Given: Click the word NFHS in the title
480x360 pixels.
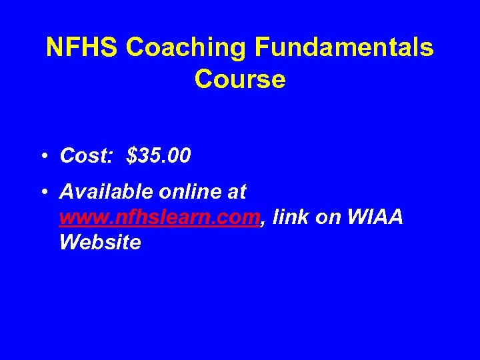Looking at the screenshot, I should (x=82, y=48).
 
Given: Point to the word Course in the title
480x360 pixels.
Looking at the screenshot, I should (x=240, y=79).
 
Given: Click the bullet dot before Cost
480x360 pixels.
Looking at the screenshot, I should (x=43, y=157).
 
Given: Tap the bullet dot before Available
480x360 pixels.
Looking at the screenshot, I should (x=43, y=193).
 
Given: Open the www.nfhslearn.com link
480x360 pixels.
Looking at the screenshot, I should (x=158, y=217).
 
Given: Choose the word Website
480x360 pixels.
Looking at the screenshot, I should (x=100, y=242).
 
